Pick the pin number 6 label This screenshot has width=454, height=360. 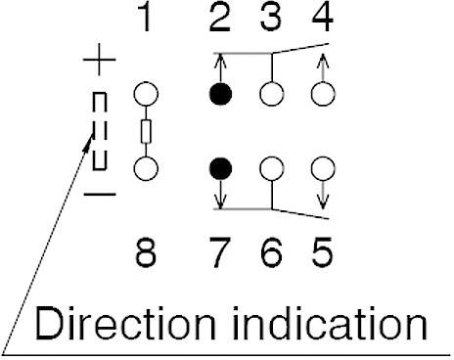coord(274,255)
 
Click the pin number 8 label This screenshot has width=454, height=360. coord(146,255)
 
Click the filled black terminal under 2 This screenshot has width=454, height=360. coord(222,96)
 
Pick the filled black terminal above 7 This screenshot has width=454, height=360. coord(222,167)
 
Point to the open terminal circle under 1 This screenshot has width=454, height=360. coord(146,96)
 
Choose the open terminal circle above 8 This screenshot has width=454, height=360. coord(146,167)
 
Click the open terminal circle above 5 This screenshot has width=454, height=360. coord(320,167)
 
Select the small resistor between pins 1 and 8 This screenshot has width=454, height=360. coord(146,131)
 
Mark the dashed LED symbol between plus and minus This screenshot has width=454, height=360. coord(99,130)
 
